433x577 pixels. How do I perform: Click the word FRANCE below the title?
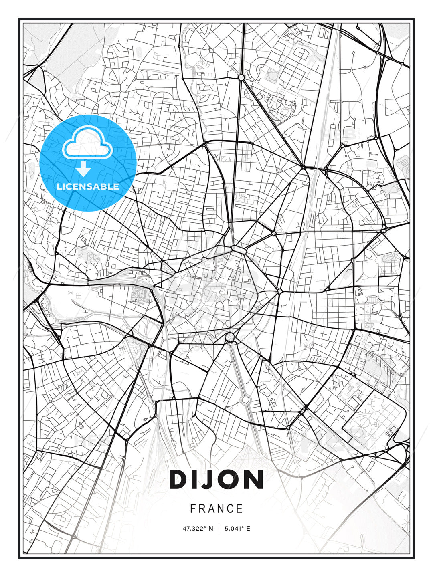tap(216, 509)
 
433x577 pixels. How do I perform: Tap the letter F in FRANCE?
tap(193, 509)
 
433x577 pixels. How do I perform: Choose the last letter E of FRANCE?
tap(240, 509)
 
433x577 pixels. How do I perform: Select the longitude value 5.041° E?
tap(237, 529)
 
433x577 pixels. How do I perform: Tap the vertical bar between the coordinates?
tap(219, 529)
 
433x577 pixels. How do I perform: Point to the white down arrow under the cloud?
tap(84, 169)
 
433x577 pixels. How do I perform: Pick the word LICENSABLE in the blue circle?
tap(88, 186)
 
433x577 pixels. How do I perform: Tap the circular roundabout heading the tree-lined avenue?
tap(230, 337)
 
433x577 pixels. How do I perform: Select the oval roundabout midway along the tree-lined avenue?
tap(245, 399)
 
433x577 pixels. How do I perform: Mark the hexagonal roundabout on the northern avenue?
tap(241, 77)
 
